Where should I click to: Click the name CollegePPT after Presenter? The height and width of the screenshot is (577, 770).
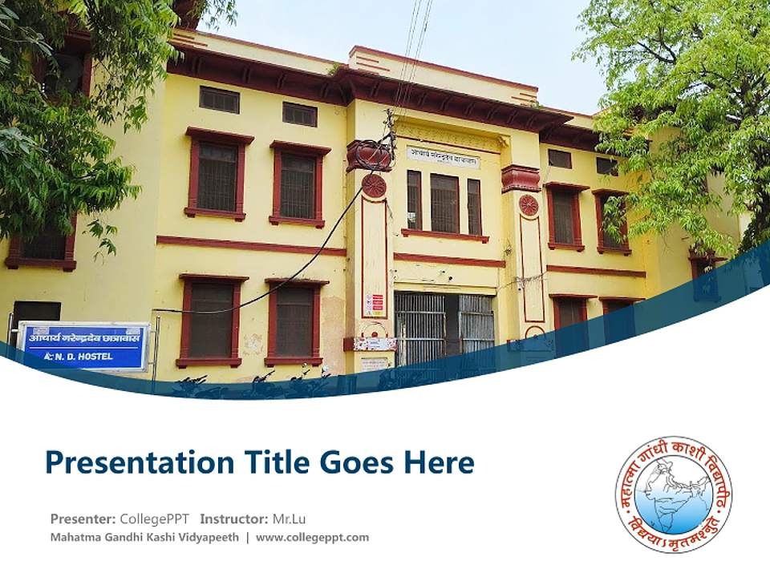(x=155, y=518)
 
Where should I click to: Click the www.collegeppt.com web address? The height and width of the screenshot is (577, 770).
(x=313, y=537)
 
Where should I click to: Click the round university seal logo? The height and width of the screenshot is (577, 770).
(x=674, y=494)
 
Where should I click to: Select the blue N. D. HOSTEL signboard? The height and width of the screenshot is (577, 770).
(x=83, y=346)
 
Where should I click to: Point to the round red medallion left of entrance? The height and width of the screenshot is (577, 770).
(x=373, y=186)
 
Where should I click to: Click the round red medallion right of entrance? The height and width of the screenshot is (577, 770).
(x=529, y=205)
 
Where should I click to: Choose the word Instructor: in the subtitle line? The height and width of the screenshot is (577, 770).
(x=234, y=518)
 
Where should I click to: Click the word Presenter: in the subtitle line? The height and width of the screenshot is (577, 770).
(x=83, y=518)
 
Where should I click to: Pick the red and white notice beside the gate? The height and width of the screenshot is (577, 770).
(x=374, y=305)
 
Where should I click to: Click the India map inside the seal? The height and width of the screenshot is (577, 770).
(x=674, y=493)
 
